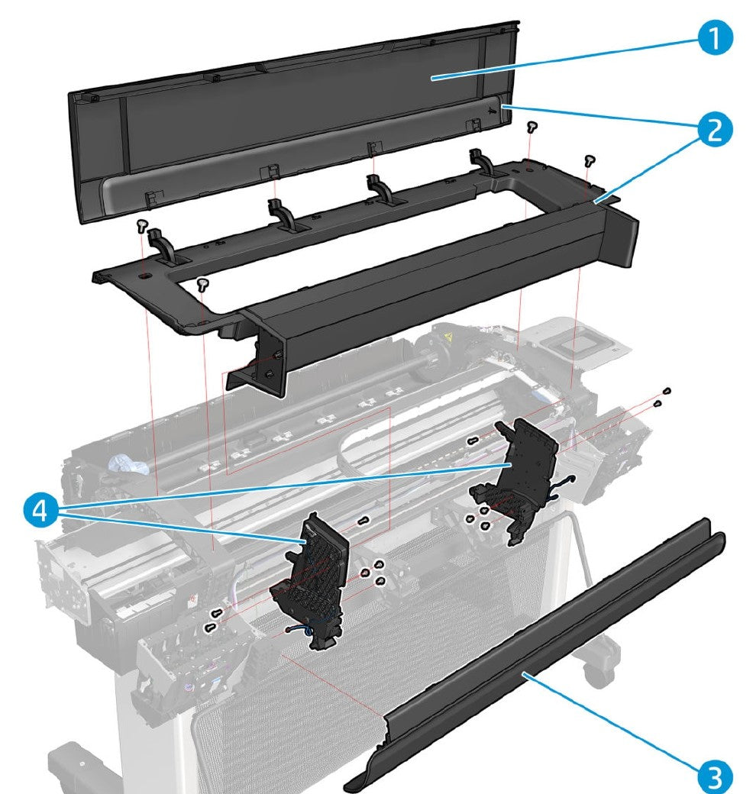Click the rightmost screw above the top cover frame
click(x=589, y=160)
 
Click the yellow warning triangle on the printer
click(x=448, y=337)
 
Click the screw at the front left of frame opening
click(x=202, y=286)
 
